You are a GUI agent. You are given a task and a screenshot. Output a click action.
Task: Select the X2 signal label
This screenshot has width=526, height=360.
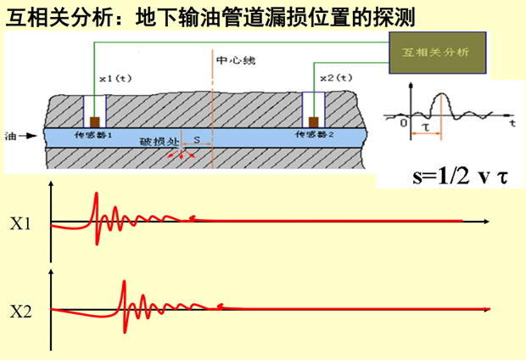20,311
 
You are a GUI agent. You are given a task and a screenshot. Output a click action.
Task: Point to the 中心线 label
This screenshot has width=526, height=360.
234,61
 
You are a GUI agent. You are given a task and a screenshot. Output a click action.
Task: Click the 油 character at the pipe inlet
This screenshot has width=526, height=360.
10,136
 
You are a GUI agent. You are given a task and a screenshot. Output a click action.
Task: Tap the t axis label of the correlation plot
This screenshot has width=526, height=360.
512,123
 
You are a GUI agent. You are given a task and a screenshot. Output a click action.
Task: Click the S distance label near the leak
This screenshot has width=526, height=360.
196,136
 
